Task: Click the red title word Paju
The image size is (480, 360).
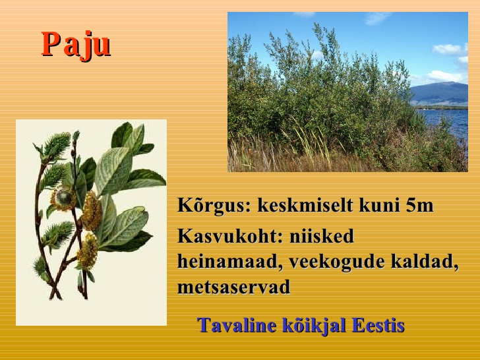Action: (x=76, y=45)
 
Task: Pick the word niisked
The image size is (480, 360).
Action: (x=322, y=236)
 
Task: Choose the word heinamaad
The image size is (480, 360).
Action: (x=229, y=262)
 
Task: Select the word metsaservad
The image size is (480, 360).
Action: (x=233, y=287)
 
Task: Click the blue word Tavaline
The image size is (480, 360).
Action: (x=237, y=325)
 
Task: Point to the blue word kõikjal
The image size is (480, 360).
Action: (x=314, y=326)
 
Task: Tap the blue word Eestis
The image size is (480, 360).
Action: (x=378, y=325)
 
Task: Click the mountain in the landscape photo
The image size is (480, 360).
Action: (x=440, y=93)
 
